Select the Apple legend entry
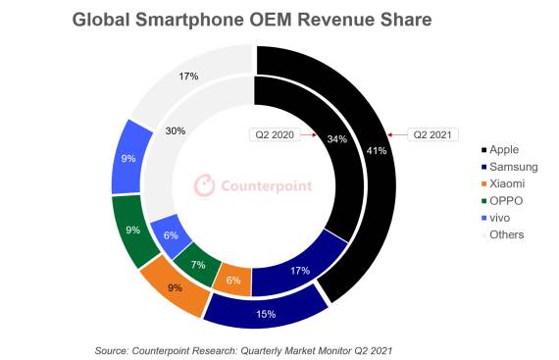(502, 150)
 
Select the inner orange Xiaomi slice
(233, 279)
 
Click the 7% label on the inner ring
(198, 266)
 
